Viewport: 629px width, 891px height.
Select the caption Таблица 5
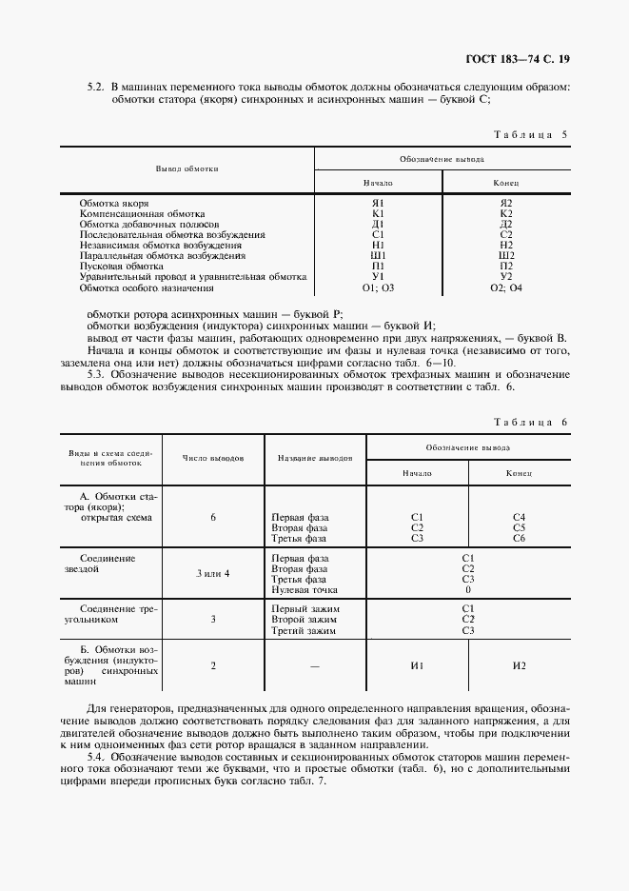pyautogui.click(x=532, y=134)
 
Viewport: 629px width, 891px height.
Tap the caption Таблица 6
pyautogui.click(x=532, y=421)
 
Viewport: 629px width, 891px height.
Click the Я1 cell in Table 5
pyautogui.click(x=377, y=203)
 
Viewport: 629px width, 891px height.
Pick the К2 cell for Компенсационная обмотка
pyautogui.click(x=506, y=213)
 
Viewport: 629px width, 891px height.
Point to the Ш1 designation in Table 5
pyautogui.click(x=377, y=255)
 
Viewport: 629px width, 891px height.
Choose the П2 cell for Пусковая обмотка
pyautogui.click(x=506, y=266)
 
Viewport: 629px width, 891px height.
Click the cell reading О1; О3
pyautogui.click(x=377, y=287)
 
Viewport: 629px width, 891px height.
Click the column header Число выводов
pyautogui.click(x=213, y=458)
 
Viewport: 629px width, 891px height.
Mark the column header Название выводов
pyautogui.click(x=315, y=458)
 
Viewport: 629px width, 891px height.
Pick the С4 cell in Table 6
pyautogui.click(x=519, y=517)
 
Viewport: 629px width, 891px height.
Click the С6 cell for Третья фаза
pyautogui.click(x=519, y=538)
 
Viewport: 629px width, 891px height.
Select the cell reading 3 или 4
pyautogui.click(x=213, y=573)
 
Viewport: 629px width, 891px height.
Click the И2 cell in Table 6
pyautogui.click(x=519, y=666)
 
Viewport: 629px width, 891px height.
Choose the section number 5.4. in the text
pyautogui.click(x=99, y=757)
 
